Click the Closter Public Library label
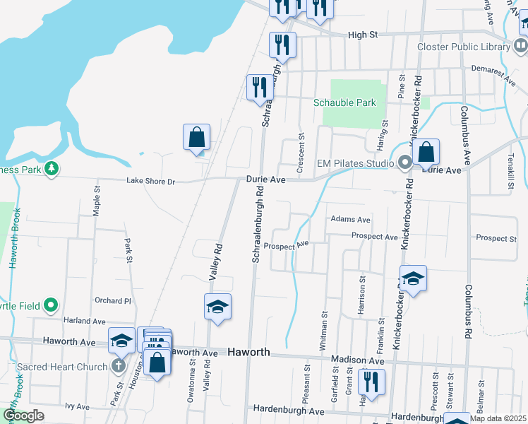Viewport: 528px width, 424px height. (463, 47)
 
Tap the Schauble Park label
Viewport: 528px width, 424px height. (344, 103)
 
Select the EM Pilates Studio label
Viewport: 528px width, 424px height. (355, 163)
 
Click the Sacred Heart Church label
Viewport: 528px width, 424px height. (61, 367)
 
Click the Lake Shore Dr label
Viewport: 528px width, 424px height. (150, 182)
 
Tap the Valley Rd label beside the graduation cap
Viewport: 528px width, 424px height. (217, 261)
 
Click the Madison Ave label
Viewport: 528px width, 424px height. (358, 360)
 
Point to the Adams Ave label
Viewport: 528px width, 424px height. (350, 220)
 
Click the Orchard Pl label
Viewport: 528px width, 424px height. (113, 300)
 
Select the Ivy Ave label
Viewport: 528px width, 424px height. (77, 406)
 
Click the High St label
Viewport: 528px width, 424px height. (364, 34)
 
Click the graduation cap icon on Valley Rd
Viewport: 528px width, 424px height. (218, 307)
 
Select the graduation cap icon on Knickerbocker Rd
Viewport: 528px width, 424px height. (413, 278)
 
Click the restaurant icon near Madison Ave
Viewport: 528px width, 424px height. (371, 382)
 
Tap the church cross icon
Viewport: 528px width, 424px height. (118, 367)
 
